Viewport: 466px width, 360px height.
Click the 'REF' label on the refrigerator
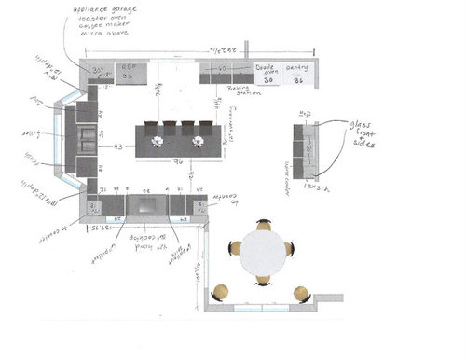[130, 68]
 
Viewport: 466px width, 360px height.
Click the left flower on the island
[158, 141]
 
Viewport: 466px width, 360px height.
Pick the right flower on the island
[198, 141]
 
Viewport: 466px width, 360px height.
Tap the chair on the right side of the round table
[291, 249]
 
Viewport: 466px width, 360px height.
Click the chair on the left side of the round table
[236, 249]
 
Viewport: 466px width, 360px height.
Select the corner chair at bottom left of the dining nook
[221, 293]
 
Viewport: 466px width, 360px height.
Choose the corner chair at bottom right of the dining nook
[301, 294]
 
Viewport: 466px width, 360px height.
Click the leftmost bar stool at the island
[153, 124]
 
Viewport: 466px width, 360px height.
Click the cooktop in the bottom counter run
[144, 206]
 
